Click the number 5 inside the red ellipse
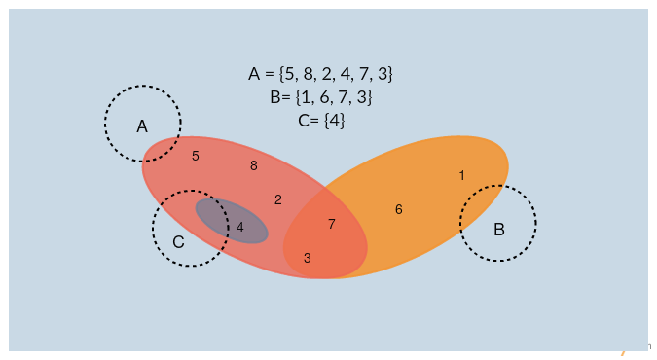(196, 156)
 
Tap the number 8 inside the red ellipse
(254, 165)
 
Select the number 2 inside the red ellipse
(278, 199)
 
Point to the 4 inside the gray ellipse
(240, 227)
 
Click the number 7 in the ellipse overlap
(332, 224)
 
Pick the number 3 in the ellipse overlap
(308, 258)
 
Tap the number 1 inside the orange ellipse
(461, 175)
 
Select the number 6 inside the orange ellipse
(399, 209)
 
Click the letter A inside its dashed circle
(142, 126)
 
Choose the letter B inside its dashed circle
(499, 230)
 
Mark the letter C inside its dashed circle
(178, 242)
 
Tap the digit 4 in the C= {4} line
(332, 121)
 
